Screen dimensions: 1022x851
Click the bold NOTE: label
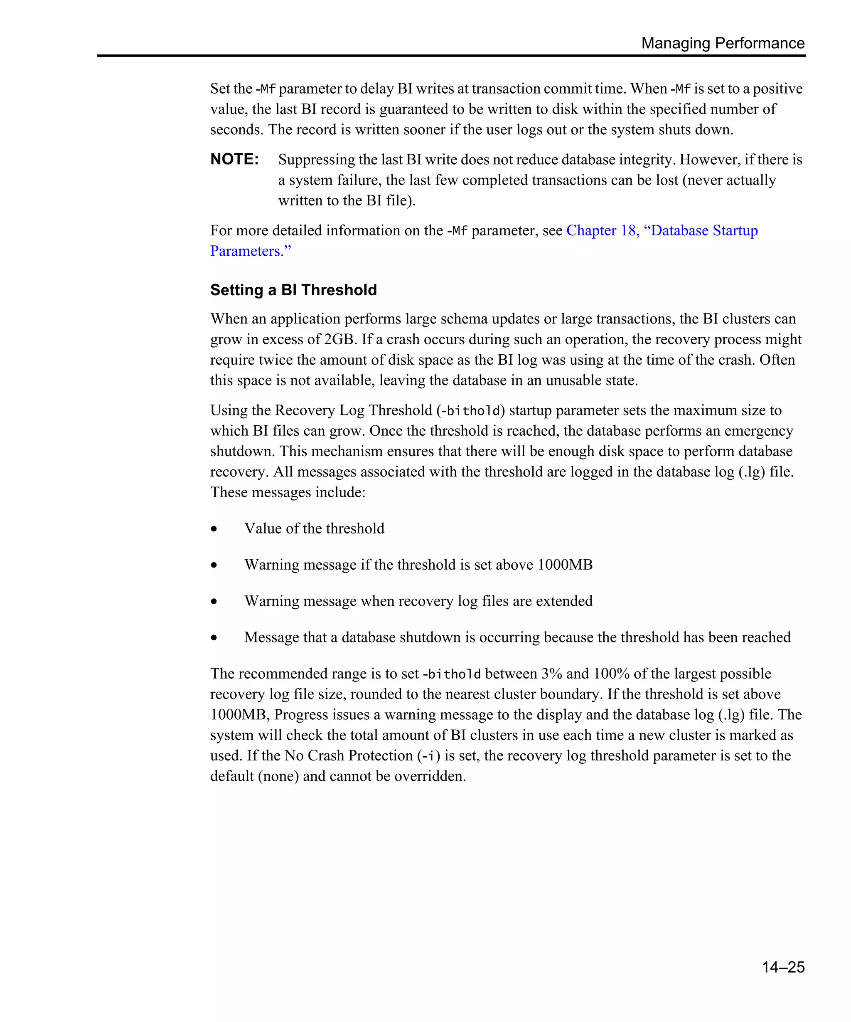pos(234,159)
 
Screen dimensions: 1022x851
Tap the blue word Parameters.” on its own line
pos(251,251)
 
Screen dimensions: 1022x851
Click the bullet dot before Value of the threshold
pos(214,528)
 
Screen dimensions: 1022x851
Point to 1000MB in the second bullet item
pos(565,565)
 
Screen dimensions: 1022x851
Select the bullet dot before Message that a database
pos(214,637)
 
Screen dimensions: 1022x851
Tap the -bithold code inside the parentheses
pos(470,411)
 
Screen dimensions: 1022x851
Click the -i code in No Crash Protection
pos(428,756)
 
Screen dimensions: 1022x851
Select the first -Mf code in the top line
pos(266,89)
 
